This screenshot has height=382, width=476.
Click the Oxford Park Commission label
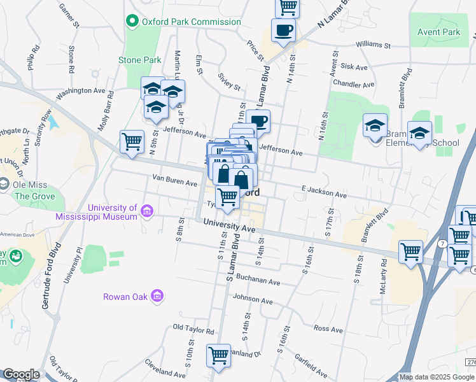click(191, 22)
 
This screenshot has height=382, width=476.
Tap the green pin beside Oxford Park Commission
click(133, 22)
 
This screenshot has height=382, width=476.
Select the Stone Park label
click(139, 60)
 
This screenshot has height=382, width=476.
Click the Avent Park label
click(438, 32)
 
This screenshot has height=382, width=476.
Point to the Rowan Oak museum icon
click(158, 296)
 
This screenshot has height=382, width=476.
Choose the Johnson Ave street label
click(253, 299)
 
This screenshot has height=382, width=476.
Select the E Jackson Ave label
click(325, 192)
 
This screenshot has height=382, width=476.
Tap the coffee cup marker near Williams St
click(283, 29)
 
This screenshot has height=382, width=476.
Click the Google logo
click(21, 374)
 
